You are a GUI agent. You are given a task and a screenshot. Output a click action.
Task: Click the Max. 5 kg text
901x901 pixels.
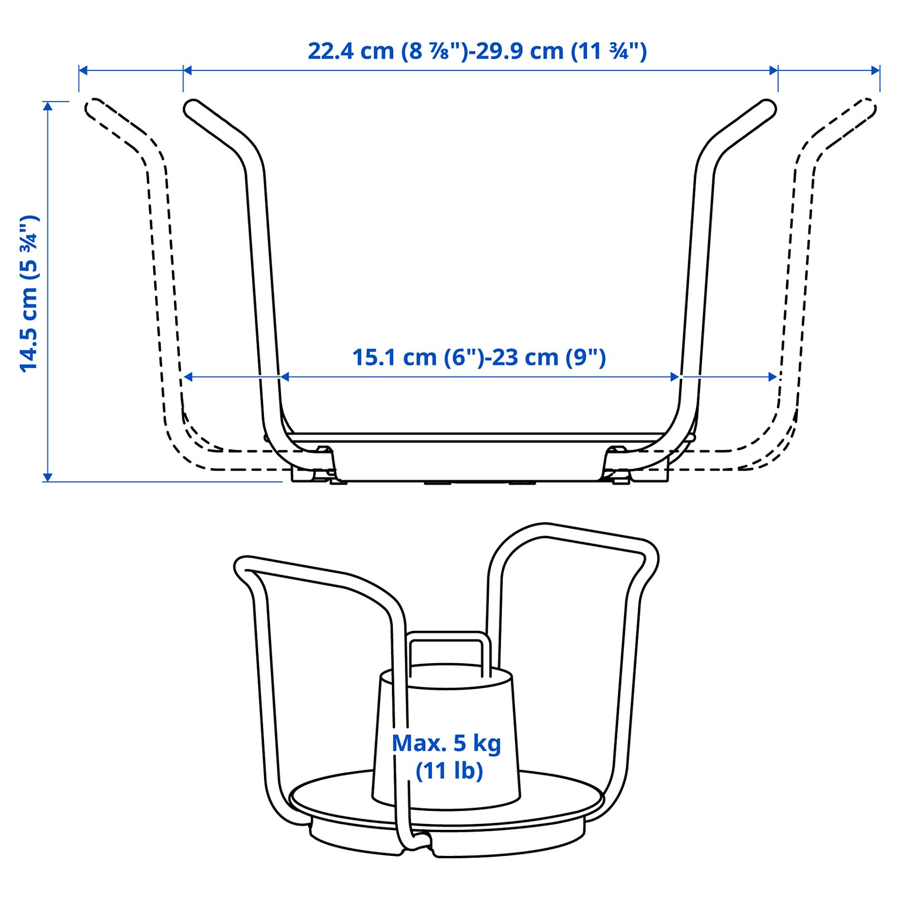(x=446, y=743)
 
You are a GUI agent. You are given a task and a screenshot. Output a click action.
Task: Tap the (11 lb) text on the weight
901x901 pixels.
(x=449, y=771)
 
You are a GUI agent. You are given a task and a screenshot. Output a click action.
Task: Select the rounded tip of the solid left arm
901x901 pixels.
(x=192, y=108)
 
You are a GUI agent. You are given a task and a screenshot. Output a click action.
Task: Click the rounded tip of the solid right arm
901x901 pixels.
(x=768, y=108)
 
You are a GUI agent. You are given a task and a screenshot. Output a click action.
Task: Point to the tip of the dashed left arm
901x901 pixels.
(x=93, y=107)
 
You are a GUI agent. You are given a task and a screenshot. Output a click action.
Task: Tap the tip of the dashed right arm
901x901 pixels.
(x=868, y=107)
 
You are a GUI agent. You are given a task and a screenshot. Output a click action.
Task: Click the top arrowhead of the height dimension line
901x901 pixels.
(x=47, y=106)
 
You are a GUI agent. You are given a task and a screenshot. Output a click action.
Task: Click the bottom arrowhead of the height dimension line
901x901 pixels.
(x=47, y=477)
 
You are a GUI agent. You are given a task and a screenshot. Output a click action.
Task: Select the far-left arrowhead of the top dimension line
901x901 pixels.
(x=82, y=71)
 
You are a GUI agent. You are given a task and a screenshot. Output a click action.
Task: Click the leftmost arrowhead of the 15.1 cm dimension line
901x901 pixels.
(x=188, y=377)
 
